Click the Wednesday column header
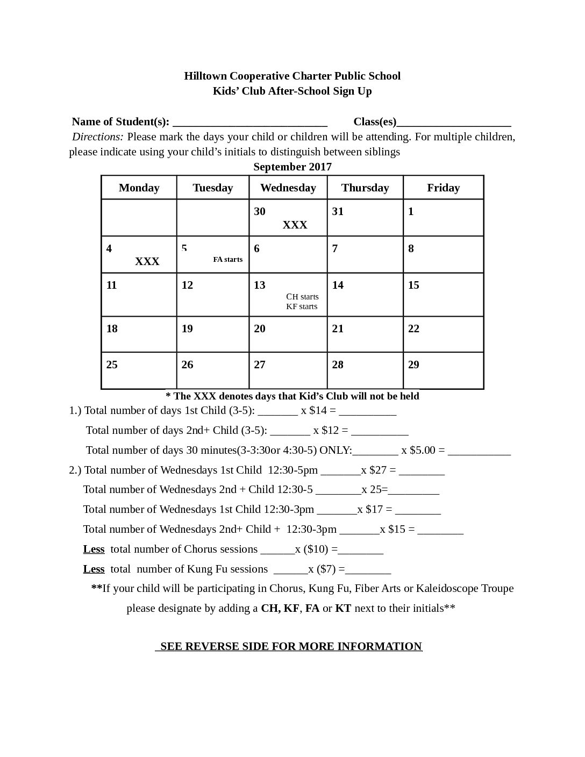coord(288,188)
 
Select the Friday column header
coord(443,188)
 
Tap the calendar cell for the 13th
coord(288,295)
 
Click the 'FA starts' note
coord(227,260)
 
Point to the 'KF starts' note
coord(302,306)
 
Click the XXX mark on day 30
coord(295,225)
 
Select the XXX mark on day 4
coord(147,261)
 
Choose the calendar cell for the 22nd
coord(443,334)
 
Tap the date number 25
coord(112,365)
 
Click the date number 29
coord(413,365)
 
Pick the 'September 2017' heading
coord(292,167)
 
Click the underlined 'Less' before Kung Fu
coord(94,569)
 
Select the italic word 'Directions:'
coord(98,137)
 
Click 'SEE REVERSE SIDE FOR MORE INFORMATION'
coord(291,646)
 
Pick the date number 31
coord(338,211)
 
